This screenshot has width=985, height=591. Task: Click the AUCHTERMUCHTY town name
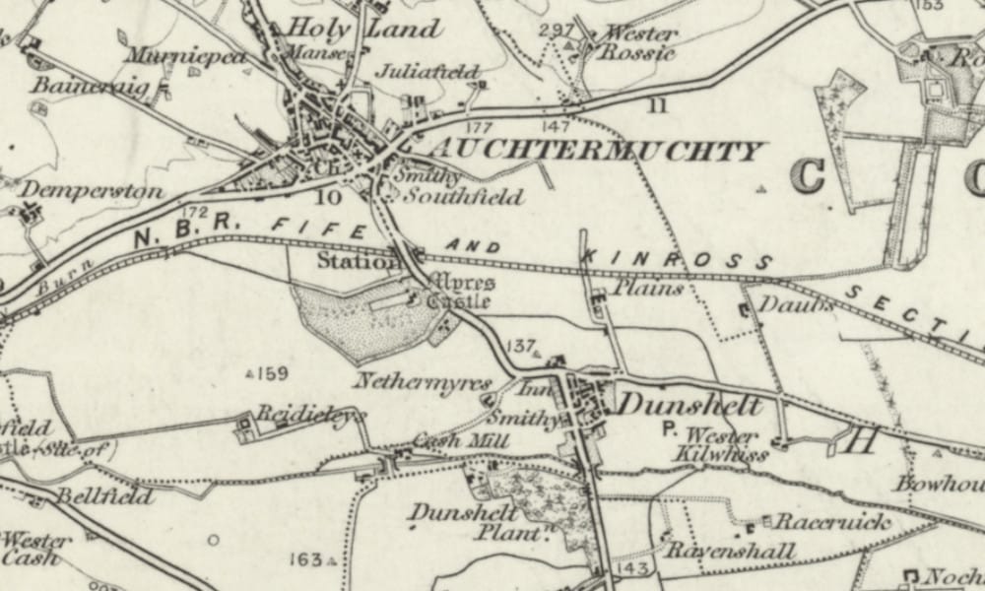(x=596, y=152)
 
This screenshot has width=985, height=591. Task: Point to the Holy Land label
(x=362, y=29)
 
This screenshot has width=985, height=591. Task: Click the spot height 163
(x=306, y=559)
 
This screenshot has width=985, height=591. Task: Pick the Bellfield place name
(x=103, y=496)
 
